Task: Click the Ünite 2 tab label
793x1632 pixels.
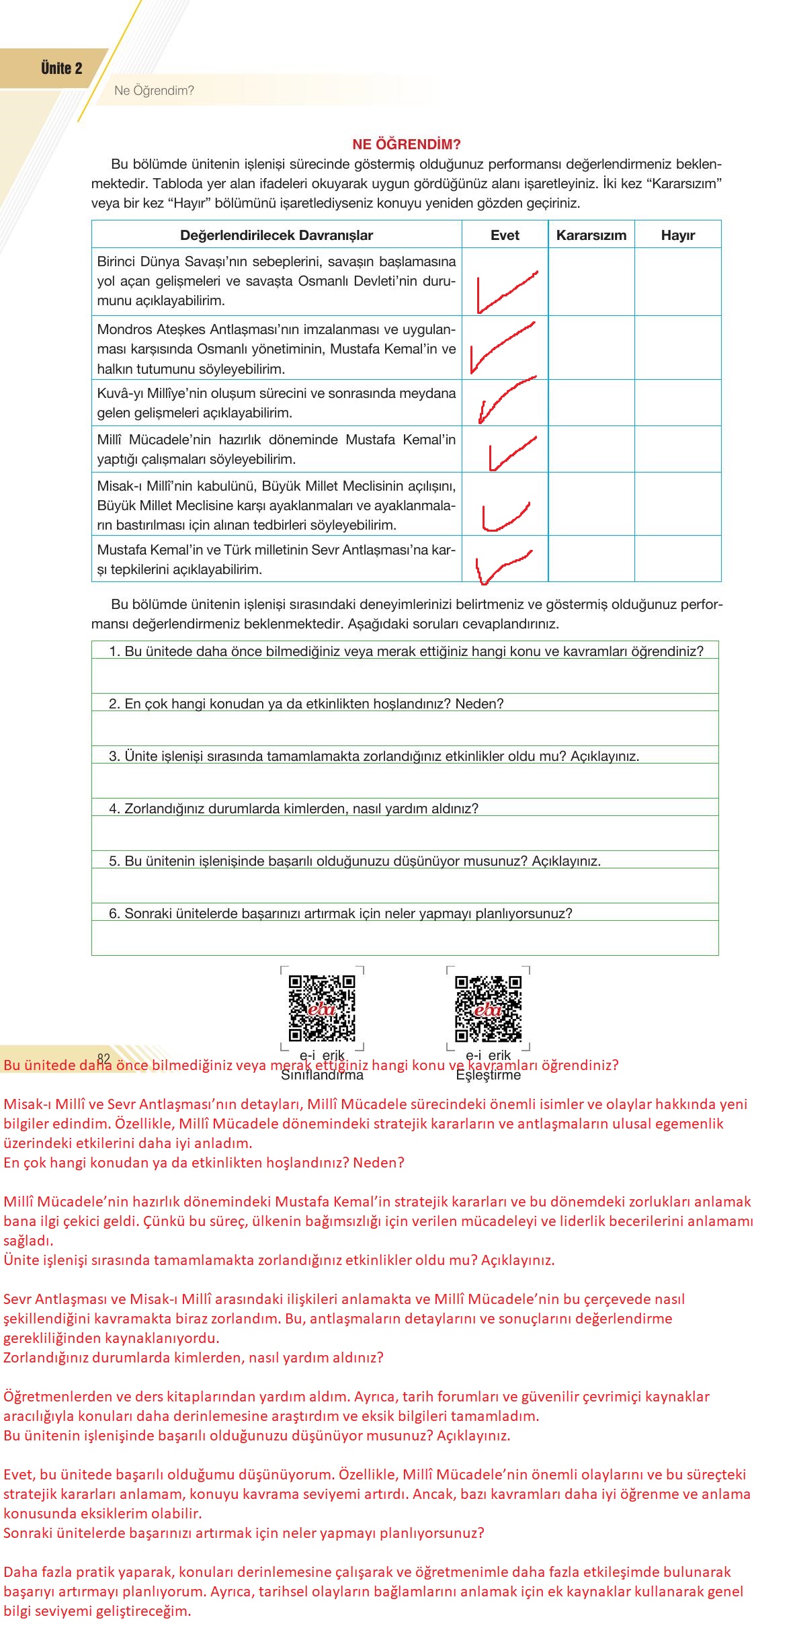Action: tap(61, 69)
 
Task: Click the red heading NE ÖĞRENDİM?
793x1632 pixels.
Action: tap(406, 145)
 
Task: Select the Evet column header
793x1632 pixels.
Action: tap(505, 235)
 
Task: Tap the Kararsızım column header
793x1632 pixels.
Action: tap(591, 235)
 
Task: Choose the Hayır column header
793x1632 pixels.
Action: tap(677, 235)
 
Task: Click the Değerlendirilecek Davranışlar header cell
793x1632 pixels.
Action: tap(276, 235)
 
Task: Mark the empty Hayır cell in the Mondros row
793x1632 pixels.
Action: tap(677, 348)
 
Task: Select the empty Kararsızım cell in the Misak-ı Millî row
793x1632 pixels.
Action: tap(591, 504)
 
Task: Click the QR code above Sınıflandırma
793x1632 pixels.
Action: tap(322, 1008)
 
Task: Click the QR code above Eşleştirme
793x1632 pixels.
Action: tap(488, 1008)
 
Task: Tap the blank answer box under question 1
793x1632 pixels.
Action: tap(405, 676)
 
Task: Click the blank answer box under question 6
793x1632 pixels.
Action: tap(405, 938)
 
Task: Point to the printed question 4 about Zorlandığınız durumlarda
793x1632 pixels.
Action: tap(294, 808)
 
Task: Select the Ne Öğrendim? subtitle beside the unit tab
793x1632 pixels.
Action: tap(154, 91)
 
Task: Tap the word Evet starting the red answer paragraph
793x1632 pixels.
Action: tap(18, 1475)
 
